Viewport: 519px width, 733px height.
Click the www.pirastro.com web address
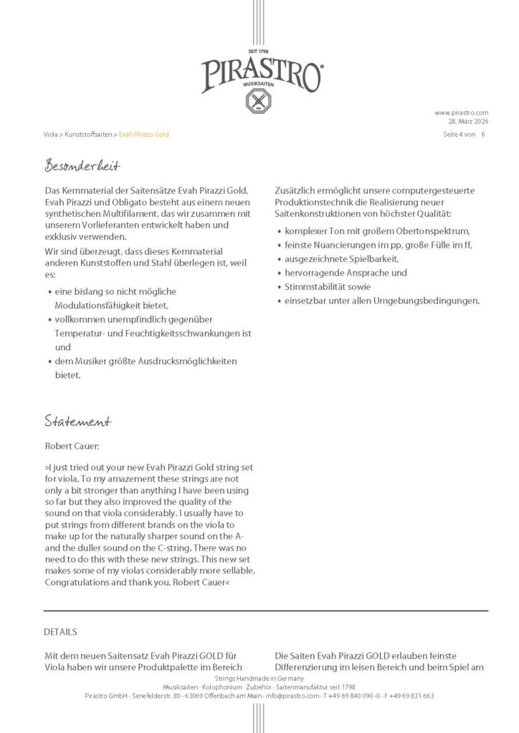coord(461,112)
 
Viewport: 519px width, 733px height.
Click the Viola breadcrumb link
coord(51,134)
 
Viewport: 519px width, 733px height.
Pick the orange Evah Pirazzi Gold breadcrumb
coord(144,134)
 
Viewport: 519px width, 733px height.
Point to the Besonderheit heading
coord(82,166)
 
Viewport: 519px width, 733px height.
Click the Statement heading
coord(77,419)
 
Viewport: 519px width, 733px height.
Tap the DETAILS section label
coord(60,632)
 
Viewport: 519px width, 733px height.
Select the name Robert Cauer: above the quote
coord(72,445)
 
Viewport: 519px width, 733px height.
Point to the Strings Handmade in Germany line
coord(259,678)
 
